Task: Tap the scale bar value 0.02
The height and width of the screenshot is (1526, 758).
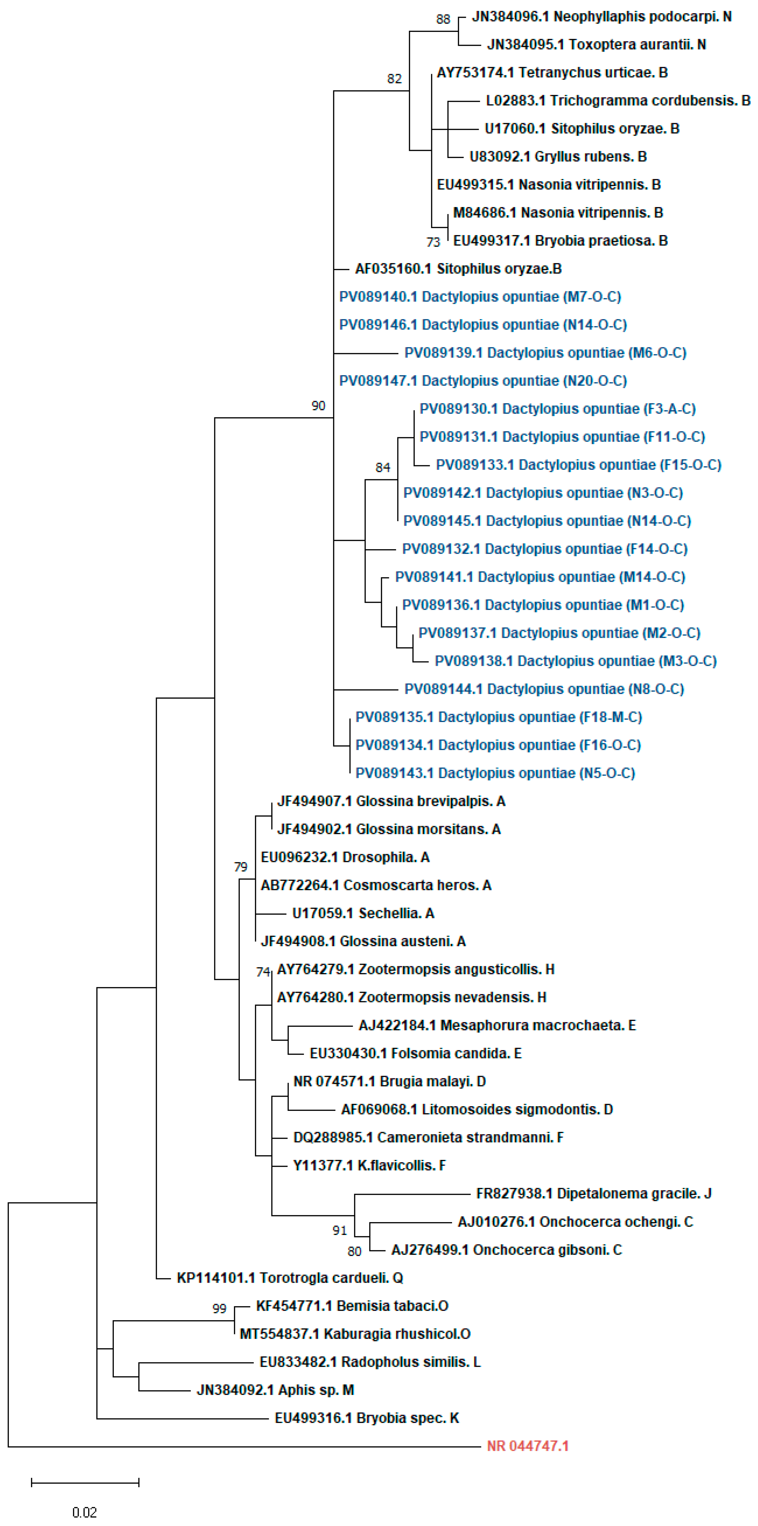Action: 85,1513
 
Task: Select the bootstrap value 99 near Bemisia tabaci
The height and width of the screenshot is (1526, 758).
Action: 219,1309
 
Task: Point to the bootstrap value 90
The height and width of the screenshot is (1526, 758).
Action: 318,406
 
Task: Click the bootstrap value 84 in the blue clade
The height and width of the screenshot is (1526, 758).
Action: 383,468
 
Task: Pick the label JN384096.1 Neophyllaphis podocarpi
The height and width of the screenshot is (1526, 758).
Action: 601,16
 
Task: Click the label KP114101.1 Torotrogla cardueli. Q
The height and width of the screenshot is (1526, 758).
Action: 290,1278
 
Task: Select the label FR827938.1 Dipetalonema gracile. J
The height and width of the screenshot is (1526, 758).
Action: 594,1194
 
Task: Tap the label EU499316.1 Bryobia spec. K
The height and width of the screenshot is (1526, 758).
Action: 366,1418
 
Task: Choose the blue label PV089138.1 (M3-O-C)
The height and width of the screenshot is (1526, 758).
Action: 575,661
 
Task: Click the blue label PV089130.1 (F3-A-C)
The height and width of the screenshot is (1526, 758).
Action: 557,409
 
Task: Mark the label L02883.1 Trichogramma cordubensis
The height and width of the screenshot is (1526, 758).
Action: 618,101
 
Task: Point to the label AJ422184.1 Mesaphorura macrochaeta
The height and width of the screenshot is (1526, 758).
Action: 497,1026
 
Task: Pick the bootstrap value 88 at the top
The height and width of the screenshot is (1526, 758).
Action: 443,19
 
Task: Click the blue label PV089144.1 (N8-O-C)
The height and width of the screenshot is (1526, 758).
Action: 543,689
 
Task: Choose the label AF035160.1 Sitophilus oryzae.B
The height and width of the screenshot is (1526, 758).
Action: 458,269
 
